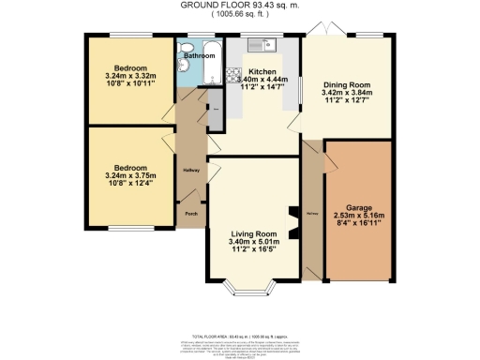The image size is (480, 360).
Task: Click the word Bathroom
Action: (x=200, y=55)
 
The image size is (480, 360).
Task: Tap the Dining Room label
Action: (x=341, y=82)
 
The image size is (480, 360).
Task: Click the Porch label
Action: (x=190, y=214)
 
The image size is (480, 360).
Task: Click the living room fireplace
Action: (x=292, y=224)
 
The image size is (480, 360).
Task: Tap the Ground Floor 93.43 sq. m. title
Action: (x=240, y=5)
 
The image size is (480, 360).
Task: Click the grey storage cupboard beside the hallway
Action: (x=214, y=109)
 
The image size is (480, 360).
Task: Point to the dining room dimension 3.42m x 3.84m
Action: (x=341, y=94)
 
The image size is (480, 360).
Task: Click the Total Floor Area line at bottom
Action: (x=240, y=336)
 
